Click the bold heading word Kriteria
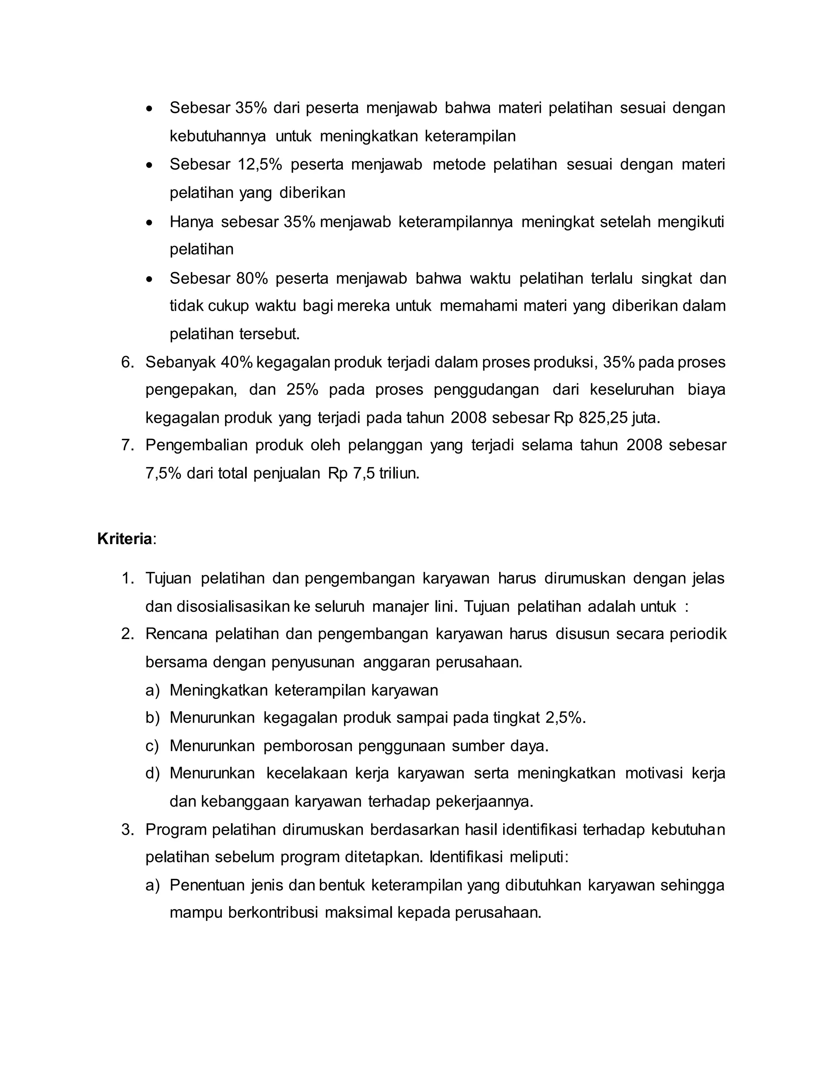124,539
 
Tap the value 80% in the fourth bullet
252,279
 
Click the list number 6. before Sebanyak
127,363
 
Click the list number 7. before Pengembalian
127,445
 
